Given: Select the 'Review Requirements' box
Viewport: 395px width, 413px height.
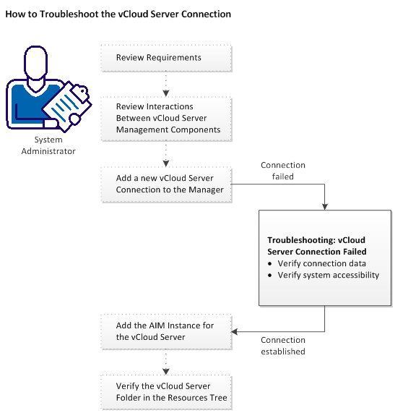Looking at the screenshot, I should tap(166, 58).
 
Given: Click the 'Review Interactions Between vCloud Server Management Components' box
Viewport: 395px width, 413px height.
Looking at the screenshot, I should tap(166, 118).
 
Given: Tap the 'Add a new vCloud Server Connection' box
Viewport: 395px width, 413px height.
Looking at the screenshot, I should tap(166, 184).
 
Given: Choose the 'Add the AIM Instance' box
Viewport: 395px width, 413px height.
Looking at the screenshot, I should tap(166, 331).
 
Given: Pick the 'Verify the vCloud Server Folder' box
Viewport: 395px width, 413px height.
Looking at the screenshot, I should tap(166, 391).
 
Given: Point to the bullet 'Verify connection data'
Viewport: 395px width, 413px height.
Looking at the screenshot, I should tap(321, 263).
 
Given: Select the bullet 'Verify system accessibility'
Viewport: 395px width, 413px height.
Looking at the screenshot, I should tap(328, 275).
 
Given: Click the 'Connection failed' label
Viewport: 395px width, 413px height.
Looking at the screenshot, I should tap(282, 171).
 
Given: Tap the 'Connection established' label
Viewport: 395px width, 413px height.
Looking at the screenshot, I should tap(282, 346).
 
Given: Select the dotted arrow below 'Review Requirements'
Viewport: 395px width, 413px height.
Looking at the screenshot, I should tap(167, 83).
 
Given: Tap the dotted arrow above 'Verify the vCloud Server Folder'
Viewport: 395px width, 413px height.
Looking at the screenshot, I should tap(167, 361).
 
